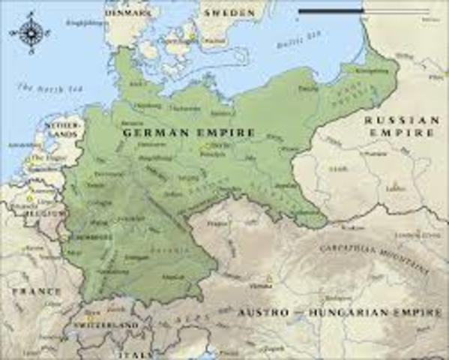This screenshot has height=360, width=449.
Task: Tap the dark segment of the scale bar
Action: point(331,11)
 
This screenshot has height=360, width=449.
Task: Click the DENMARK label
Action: point(128,12)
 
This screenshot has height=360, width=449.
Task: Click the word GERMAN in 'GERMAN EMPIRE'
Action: point(149,133)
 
